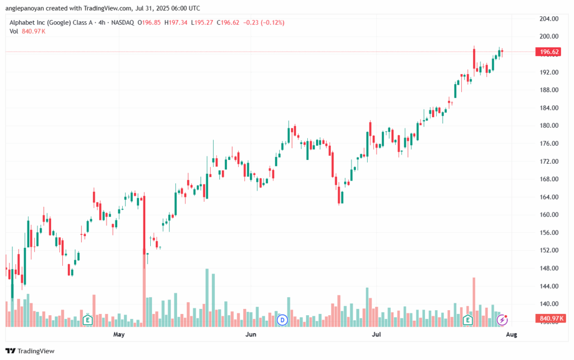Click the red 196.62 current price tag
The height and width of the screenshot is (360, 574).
548,52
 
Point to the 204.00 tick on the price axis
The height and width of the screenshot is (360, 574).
549,19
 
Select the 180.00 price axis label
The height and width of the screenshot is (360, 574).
549,126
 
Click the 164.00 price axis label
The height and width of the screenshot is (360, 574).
549,197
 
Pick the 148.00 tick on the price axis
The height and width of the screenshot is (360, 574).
549,268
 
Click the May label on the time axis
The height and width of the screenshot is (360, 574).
119,334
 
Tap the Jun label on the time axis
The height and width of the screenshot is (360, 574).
251,334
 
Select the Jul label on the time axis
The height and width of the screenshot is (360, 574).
376,334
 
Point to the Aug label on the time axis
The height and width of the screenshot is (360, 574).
511,334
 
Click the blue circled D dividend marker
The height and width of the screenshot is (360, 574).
283,320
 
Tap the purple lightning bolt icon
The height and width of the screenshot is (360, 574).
502,320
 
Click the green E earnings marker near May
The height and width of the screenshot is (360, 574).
87,320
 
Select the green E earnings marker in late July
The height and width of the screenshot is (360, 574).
467,320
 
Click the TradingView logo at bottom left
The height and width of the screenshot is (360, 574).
30,351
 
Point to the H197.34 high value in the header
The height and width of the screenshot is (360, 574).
175,22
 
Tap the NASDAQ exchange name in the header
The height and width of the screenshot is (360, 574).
123,22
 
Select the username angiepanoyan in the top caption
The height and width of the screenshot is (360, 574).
25,8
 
